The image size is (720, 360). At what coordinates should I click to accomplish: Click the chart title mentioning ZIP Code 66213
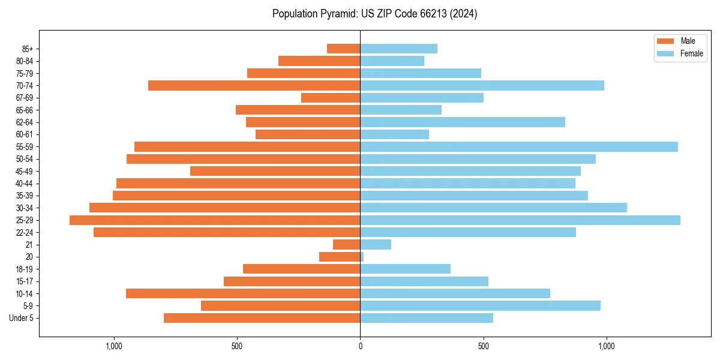(374, 14)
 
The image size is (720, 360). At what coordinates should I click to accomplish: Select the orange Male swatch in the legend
(665, 41)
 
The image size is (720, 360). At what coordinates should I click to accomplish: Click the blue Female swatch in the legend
(665, 53)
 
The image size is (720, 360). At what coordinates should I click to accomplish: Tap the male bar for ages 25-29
(215, 220)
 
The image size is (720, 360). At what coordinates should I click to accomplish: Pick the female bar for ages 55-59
(519, 147)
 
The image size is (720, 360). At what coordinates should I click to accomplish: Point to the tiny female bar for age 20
(362, 257)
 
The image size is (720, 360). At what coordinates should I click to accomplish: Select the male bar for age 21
(347, 245)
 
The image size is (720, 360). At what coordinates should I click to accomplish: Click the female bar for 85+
(398, 49)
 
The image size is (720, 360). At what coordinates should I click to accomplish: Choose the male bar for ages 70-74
(254, 86)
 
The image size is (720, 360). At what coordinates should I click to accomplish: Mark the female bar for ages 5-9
(480, 306)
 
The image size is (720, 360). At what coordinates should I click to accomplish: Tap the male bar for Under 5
(262, 318)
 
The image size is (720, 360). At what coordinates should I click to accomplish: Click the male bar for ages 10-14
(243, 293)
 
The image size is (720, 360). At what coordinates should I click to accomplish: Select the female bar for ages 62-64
(463, 122)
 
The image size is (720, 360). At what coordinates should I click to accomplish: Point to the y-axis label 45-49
(25, 171)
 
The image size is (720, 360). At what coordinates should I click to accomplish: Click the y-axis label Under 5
(22, 318)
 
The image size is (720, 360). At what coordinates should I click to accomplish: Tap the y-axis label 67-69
(25, 98)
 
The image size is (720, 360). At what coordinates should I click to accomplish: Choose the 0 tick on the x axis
(360, 346)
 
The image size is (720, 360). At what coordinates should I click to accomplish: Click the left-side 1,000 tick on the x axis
(113, 346)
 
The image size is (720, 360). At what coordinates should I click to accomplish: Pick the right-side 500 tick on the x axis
(483, 346)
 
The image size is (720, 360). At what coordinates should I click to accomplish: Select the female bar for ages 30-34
(493, 208)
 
